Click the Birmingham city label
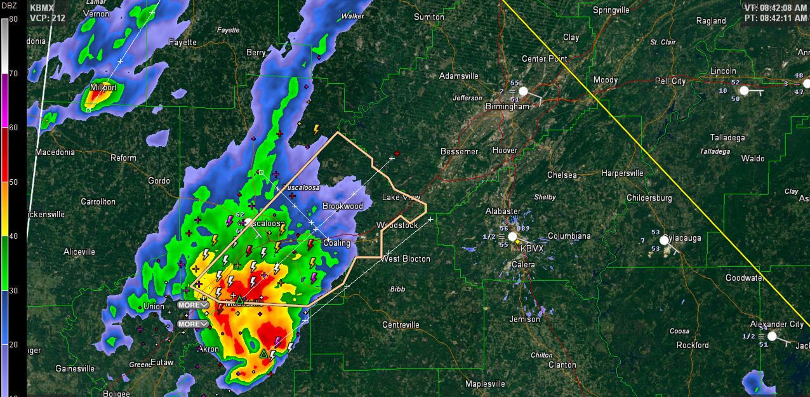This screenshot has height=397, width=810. coord(507,107)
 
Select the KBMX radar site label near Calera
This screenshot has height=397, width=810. coord(532,248)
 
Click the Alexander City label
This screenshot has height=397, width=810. coord(776,324)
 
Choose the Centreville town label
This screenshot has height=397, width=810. coord(401,325)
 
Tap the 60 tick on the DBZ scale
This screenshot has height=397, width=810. coord(13,128)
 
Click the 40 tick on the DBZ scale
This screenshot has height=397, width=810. coord(13,236)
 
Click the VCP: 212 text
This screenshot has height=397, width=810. coord(44,18)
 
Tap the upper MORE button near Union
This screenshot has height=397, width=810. coord(192,305)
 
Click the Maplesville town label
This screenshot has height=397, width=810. coord(485,384)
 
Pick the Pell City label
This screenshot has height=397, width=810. coord(670,81)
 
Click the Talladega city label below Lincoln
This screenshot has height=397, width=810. coord(728,137)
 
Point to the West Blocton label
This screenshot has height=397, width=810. coord(406,259)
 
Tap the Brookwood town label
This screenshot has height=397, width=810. coord(342,206)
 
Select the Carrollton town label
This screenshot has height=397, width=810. coord(98,201)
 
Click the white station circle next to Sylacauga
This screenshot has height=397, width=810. coord(664,240)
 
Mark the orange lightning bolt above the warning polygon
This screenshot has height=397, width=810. coord(316,129)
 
